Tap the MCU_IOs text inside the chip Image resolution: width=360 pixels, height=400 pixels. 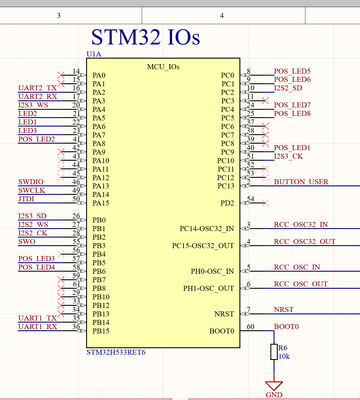click(164, 66)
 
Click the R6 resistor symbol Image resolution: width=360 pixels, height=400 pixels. click(274, 352)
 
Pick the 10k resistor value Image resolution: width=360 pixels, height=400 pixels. click(285, 356)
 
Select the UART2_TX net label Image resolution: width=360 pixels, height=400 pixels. click(37, 87)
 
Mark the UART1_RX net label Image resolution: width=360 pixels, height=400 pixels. click(37, 327)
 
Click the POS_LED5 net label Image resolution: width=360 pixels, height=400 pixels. click(291, 71)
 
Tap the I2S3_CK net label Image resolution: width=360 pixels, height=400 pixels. click(288, 157)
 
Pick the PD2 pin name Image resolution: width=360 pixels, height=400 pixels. click(227, 203)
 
